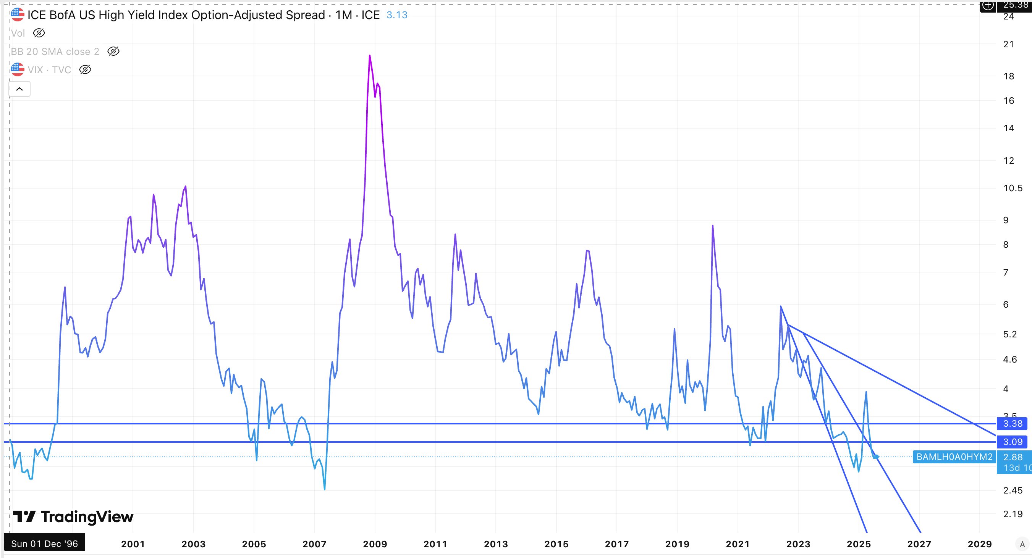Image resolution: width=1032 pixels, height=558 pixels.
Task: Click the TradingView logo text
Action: click(87, 517)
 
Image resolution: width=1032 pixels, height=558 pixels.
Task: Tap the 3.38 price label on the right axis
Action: click(1013, 424)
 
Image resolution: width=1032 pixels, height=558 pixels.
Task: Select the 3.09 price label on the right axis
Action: click(1013, 442)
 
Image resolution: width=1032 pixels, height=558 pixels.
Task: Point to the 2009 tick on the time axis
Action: click(375, 544)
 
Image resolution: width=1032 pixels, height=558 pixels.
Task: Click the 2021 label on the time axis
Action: click(738, 544)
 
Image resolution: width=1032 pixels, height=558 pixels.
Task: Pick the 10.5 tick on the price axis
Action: click(1013, 188)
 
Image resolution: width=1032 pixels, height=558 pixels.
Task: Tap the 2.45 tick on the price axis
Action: click(1013, 490)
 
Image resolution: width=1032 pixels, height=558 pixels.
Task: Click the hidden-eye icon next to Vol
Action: click(39, 33)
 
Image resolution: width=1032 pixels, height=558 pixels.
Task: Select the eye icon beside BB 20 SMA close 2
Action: click(113, 51)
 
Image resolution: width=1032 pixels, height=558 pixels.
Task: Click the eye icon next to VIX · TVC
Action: click(85, 69)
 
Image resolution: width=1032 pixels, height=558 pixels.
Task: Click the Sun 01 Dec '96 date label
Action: click(44, 543)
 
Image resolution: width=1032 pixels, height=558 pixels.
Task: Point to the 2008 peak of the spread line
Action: click(369, 56)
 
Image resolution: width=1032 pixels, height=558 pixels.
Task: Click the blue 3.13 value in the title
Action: click(396, 15)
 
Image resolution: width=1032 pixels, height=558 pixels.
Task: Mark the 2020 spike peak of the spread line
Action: click(712, 226)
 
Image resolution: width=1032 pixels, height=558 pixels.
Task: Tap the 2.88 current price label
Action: click(1013, 457)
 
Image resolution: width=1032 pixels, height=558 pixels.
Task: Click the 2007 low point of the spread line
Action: click(325, 489)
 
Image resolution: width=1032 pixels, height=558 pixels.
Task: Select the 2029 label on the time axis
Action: click(980, 544)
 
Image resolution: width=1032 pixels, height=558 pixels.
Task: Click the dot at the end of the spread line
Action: click(877, 457)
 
